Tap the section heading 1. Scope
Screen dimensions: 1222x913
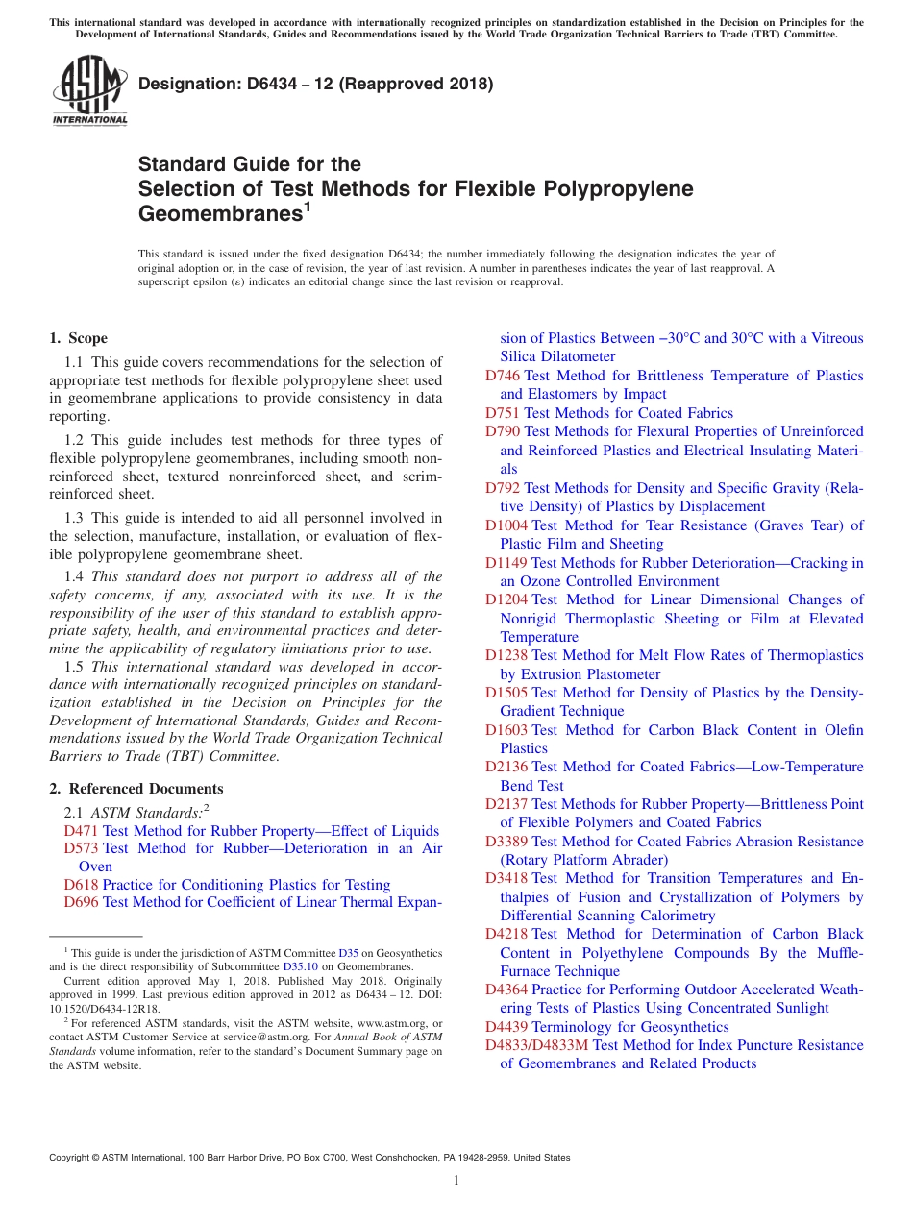[79, 338]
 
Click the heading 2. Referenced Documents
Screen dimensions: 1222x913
[136, 789]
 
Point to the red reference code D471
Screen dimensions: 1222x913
[81, 831]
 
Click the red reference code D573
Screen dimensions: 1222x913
[81, 848]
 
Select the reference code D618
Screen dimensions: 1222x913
[81, 885]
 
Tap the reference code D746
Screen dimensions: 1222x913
[503, 376]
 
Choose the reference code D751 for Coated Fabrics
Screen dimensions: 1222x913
[503, 413]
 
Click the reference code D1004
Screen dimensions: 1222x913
[506, 525]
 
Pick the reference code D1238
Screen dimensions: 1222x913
[506, 655]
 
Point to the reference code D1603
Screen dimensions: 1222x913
[506, 730]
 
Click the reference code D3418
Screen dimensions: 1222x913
[506, 878]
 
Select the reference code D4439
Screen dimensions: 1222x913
[506, 1027]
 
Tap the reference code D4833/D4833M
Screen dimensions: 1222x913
[537, 1045]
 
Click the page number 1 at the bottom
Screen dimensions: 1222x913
[456, 1181]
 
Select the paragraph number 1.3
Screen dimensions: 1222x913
[74, 518]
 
